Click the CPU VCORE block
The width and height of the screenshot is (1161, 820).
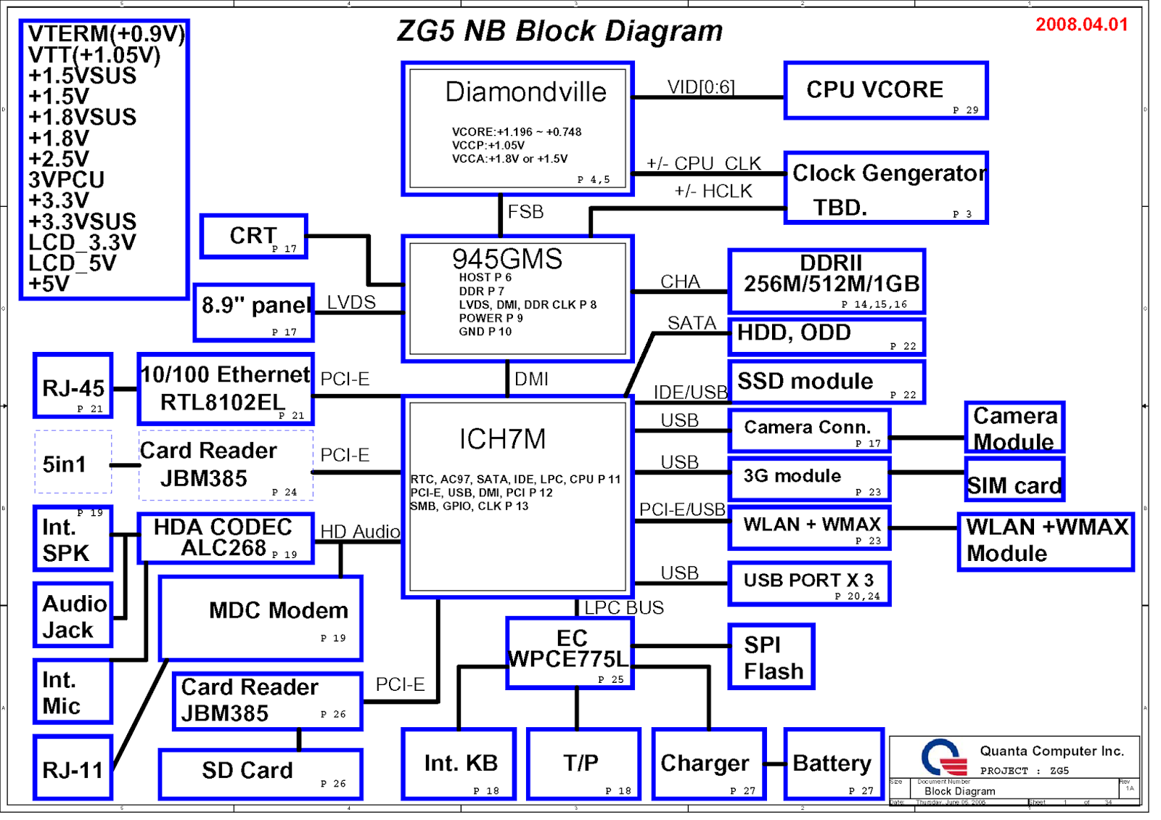coord(885,91)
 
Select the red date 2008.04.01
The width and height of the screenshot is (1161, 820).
coord(1081,25)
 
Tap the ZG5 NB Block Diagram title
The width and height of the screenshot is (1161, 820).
coord(559,31)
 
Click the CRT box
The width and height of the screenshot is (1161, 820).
coord(254,236)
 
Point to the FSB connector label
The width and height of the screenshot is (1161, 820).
coord(525,212)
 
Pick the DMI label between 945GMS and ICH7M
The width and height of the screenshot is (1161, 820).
coord(531,379)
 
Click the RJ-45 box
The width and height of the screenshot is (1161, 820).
coord(73,387)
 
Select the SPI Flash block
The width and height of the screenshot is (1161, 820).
coord(771,657)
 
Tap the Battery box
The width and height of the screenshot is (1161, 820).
coord(832,764)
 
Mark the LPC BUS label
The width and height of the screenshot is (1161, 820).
coord(624,607)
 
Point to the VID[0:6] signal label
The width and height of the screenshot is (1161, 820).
coord(701,87)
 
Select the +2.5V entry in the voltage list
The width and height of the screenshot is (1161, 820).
coord(59,159)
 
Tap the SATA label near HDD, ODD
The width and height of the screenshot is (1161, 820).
coord(691,323)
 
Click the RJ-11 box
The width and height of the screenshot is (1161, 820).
coord(73,768)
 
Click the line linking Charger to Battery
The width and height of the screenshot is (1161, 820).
coord(775,763)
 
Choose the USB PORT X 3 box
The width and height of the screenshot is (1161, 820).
coord(808,583)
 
